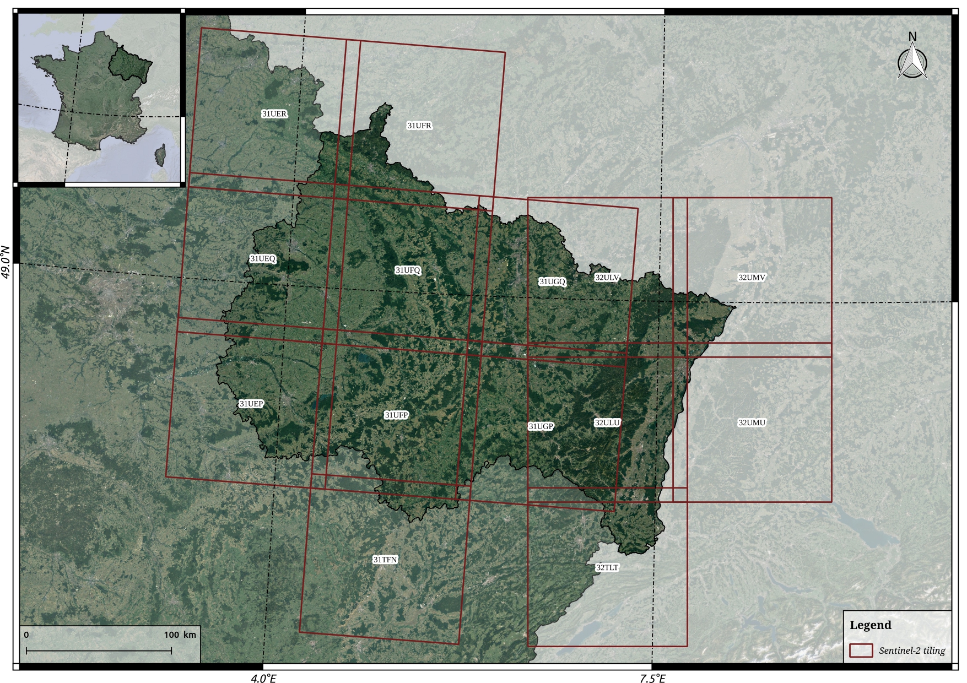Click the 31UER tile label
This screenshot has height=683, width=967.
point(274,114)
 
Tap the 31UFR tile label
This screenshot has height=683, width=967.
point(419,126)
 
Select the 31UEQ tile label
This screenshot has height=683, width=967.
point(262,259)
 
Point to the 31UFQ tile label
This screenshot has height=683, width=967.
point(408,270)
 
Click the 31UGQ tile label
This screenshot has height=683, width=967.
point(552,281)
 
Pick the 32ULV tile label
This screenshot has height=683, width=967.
point(607,278)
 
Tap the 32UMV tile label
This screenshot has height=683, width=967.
point(752,278)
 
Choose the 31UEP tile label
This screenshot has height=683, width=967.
point(251,404)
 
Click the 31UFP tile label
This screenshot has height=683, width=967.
point(396,415)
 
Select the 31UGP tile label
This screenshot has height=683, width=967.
point(541,426)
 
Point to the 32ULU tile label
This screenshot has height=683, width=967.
point(607,422)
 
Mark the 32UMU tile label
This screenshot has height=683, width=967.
point(752,422)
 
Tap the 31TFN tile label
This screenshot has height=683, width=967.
point(385,560)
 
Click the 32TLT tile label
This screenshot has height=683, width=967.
point(607,567)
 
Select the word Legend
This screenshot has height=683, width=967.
point(870,625)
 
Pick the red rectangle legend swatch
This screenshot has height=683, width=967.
point(861,651)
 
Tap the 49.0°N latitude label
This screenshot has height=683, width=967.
point(7,263)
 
